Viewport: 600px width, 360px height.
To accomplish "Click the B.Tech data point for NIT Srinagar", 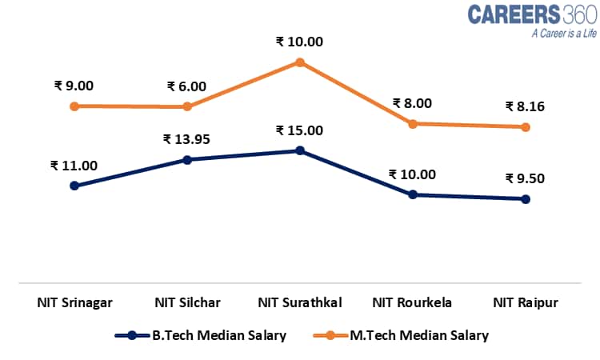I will click(x=74, y=186).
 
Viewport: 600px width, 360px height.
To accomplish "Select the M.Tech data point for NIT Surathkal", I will click(x=300, y=62).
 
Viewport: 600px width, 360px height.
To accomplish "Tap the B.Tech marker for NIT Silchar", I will click(x=187, y=160).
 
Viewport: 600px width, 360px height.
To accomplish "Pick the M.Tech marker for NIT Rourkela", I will click(x=413, y=124).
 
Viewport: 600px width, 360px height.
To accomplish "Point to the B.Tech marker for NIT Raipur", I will click(x=526, y=199).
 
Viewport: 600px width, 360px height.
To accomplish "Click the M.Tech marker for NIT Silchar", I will click(x=187, y=106).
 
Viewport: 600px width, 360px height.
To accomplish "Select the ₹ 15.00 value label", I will click(x=299, y=130).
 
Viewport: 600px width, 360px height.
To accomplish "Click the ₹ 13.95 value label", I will click(x=186, y=139).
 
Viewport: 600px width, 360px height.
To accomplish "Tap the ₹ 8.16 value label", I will click(x=525, y=106).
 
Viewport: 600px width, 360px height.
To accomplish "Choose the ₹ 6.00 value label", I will click(x=187, y=86).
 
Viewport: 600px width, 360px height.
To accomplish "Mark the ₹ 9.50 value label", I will click(x=525, y=178).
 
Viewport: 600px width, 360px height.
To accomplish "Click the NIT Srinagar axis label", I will click(x=74, y=302).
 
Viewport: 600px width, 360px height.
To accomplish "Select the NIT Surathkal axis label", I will click(x=300, y=302).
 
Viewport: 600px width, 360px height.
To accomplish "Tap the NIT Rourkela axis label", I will click(x=413, y=302).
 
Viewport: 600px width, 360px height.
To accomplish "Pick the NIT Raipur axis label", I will click(x=526, y=302).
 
